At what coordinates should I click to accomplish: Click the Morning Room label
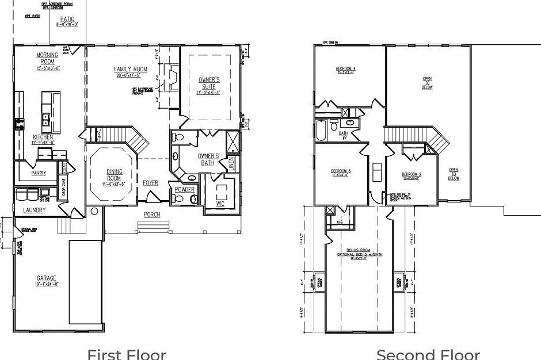(x=47, y=59)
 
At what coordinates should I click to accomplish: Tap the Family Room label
(x=131, y=70)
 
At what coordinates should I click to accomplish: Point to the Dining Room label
(x=114, y=175)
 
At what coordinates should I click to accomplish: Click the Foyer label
(x=151, y=183)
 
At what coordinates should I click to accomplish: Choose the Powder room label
(x=184, y=189)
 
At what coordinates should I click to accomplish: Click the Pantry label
(x=39, y=173)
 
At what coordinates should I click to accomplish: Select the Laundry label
(x=34, y=210)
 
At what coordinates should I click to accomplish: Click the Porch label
(x=152, y=215)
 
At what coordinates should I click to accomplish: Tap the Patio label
(x=67, y=20)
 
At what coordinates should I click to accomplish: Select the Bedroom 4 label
(x=346, y=69)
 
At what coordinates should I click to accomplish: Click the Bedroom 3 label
(x=341, y=171)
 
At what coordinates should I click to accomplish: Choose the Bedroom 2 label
(x=412, y=174)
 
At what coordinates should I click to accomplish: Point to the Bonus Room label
(x=360, y=251)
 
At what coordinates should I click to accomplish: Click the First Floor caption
(x=126, y=354)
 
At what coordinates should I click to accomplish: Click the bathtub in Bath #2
(x=321, y=131)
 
